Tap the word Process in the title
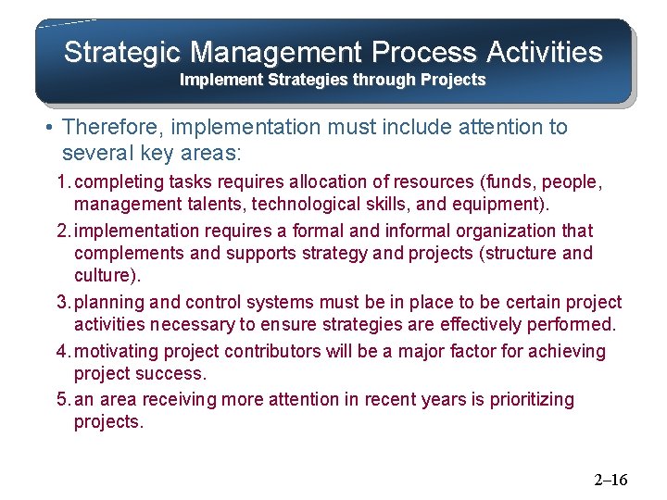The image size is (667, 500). click(x=427, y=52)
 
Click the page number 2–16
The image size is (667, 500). click(x=610, y=480)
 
